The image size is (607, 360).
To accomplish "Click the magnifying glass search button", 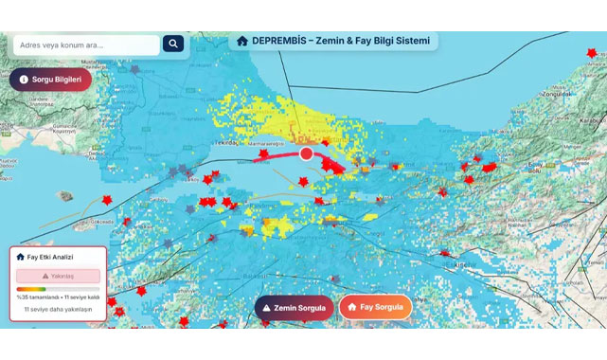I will pyautogui.click(x=173, y=44).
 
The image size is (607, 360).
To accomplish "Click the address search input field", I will pyautogui.click(x=85, y=45).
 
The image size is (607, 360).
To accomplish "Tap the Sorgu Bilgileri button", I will pyautogui.click(x=50, y=80).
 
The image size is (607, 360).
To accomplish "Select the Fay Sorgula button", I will pyautogui.click(x=375, y=307).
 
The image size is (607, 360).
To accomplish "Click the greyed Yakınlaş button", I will pyautogui.click(x=58, y=276).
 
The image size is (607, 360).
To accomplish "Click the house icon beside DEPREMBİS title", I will pyautogui.click(x=242, y=41).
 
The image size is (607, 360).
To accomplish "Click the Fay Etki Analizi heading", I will pyautogui.click(x=50, y=257).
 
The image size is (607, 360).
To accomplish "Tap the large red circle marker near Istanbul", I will pyautogui.click(x=306, y=153).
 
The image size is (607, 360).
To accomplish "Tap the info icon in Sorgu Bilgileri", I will pyautogui.click(x=24, y=80).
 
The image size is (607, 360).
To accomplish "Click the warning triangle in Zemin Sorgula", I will pyautogui.click(x=267, y=308).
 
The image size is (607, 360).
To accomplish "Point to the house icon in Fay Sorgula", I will pyautogui.click(x=351, y=307).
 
